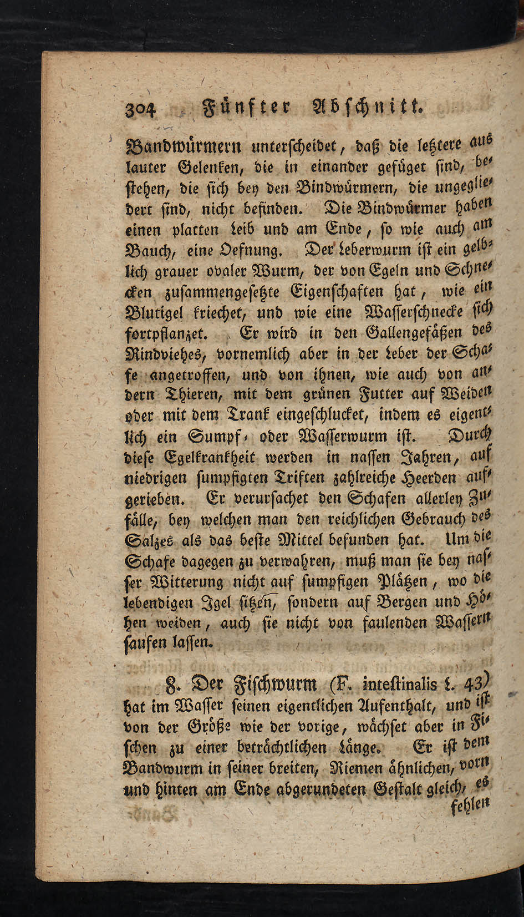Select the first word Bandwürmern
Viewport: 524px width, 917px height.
pos(174,148)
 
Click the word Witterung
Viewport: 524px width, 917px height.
pos(186,582)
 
